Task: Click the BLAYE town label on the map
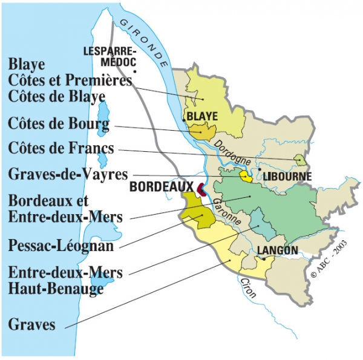(x=202, y=116)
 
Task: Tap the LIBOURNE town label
(x=287, y=177)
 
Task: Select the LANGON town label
(x=277, y=250)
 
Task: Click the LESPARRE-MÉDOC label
(x=110, y=56)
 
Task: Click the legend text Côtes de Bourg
(x=59, y=125)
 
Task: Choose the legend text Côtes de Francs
(x=61, y=149)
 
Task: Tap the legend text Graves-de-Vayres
(x=68, y=174)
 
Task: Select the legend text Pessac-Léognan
(x=62, y=246)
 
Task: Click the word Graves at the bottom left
(x=32, y=325)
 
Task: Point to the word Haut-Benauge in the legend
(x=56, y=289)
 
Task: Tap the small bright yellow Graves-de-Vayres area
(x=246, y=176)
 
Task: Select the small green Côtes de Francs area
(x=299, y=160)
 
